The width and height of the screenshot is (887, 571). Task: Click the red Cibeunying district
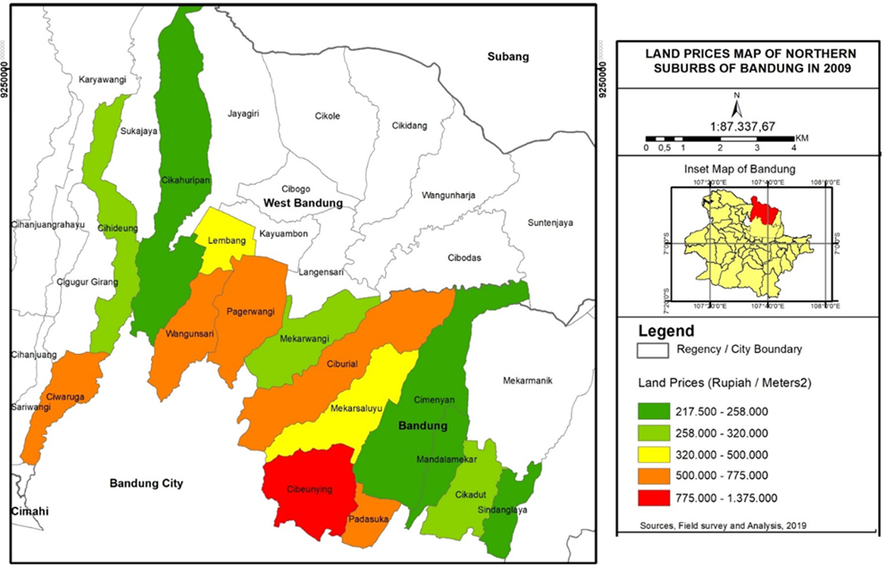(x=308, y=496)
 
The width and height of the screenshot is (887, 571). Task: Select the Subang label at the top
(x=507, y=57)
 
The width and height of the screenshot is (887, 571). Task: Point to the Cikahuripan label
(x=185, y=180)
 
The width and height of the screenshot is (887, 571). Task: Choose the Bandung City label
(x=146, y=483)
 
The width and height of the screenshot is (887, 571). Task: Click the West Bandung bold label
(x=303, y=204)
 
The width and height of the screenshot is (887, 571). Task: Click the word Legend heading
(x=665, y=331)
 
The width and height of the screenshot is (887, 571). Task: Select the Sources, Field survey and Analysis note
(x=724, y=525)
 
